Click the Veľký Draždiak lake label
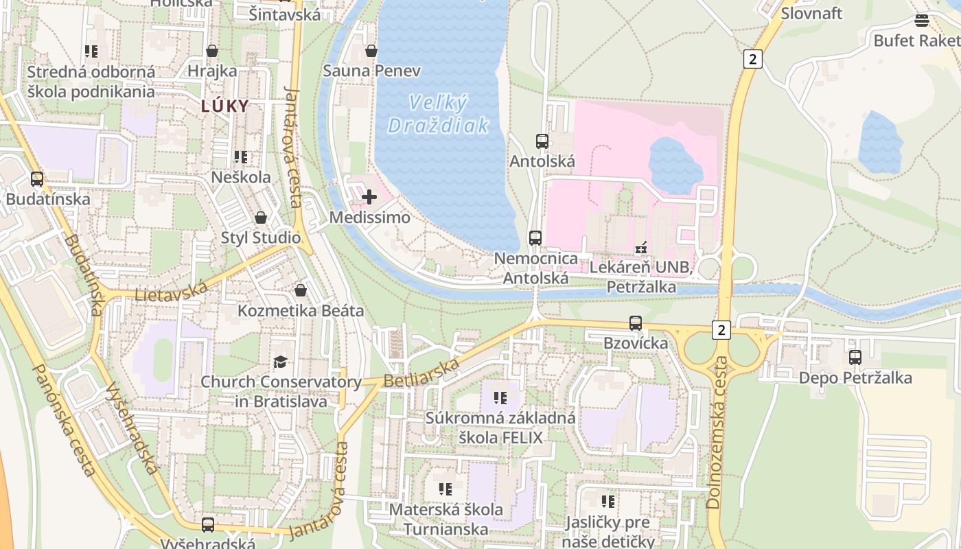point(439,114)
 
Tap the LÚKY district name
point(224,106)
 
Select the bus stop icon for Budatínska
point(37,179)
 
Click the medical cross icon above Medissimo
point(369,198)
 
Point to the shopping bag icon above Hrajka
point(212,51)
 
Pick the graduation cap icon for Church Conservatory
point(280,362)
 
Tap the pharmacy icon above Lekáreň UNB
point(641,247)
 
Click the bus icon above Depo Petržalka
point(855,358)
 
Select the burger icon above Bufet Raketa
point(921,21)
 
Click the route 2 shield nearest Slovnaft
point(752,59)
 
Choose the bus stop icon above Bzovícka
point(636,323)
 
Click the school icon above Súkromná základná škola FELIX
point(500,398)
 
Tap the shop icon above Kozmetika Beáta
point(300,291)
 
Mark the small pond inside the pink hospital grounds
point(675,165)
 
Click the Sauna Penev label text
point(371,71)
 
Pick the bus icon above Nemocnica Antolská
point(535,238)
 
